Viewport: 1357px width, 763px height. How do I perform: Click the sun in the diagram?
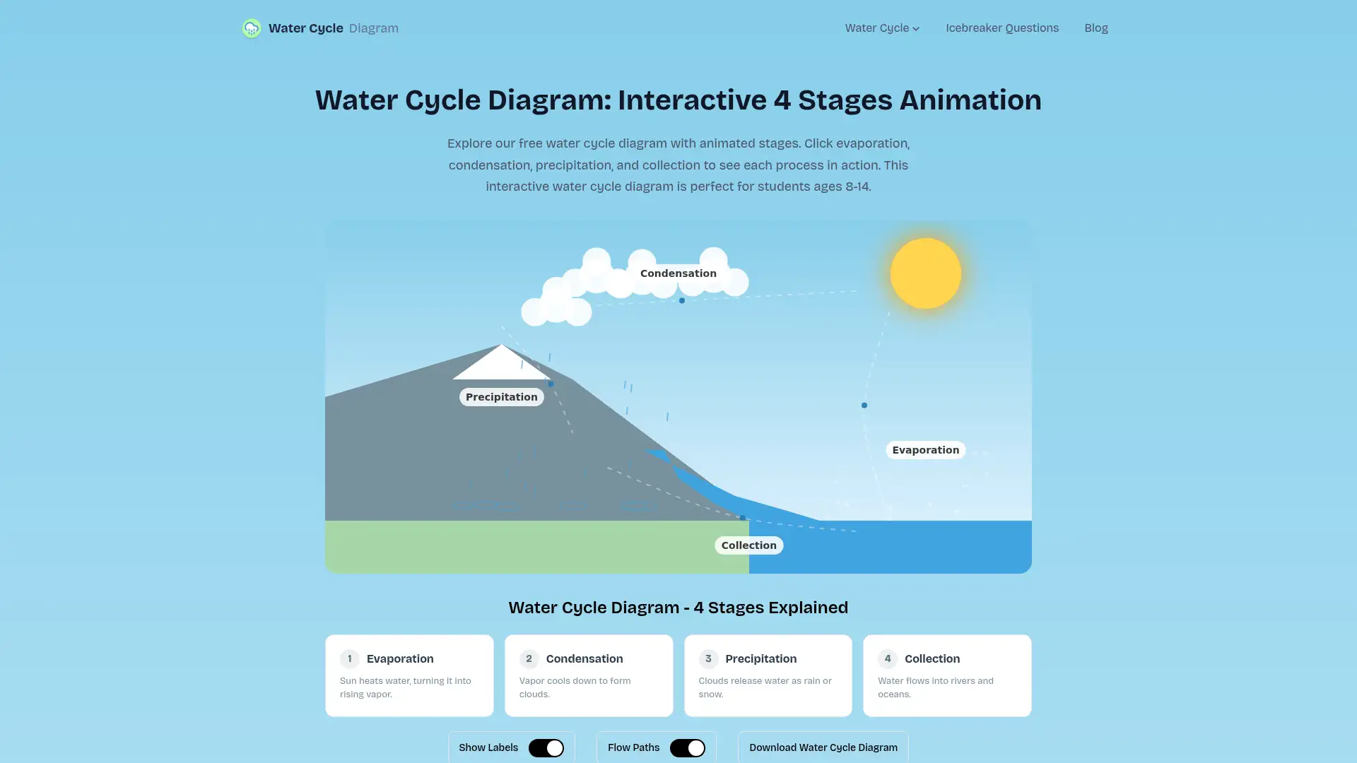pos(925,273)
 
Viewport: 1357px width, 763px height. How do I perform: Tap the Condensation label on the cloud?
pos(678,273)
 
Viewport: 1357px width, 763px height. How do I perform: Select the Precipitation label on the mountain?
pos(501,397)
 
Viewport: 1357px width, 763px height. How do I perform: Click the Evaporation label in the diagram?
pos(925,450)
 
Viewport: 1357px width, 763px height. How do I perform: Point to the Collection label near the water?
pos(748,545)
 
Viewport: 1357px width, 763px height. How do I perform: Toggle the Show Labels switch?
pos(546,747)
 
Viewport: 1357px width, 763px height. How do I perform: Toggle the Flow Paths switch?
pos(687,747)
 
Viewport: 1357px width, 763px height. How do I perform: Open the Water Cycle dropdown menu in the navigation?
pos(882,28)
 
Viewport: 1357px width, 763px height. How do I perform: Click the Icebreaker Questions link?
pos(1001,28)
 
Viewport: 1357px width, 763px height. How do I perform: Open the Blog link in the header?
pos(1095,28)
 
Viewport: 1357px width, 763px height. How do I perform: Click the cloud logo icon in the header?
pos(252,28)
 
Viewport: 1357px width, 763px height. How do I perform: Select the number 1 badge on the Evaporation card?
pos(349,658)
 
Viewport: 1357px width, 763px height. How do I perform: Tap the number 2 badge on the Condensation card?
pos(529,658)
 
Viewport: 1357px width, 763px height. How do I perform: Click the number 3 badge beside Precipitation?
pos(708,658)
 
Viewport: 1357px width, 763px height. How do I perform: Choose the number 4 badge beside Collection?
pos(887,658)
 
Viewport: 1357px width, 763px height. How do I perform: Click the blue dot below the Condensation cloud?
pos(681,300)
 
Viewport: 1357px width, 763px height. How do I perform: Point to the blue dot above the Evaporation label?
pos(864,406)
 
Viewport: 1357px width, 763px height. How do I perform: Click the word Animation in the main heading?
pos(970,100)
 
